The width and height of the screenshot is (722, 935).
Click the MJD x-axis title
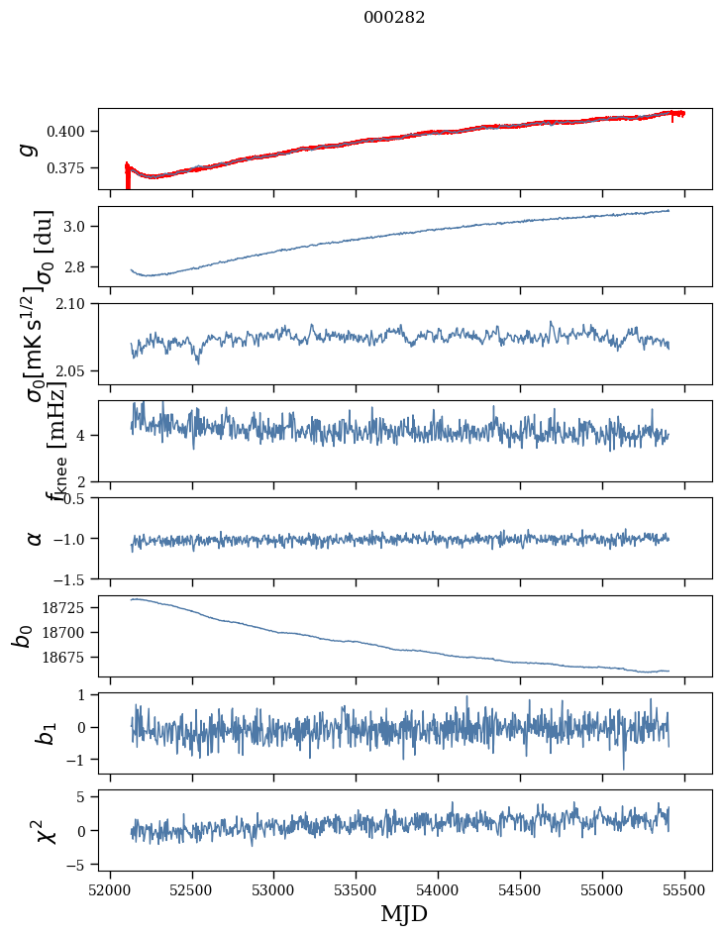[404, 914]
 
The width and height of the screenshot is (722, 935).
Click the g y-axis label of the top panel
[29, 149]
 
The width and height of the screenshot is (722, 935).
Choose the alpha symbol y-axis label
[35, 538]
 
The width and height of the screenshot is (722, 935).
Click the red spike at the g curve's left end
[128, 178]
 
